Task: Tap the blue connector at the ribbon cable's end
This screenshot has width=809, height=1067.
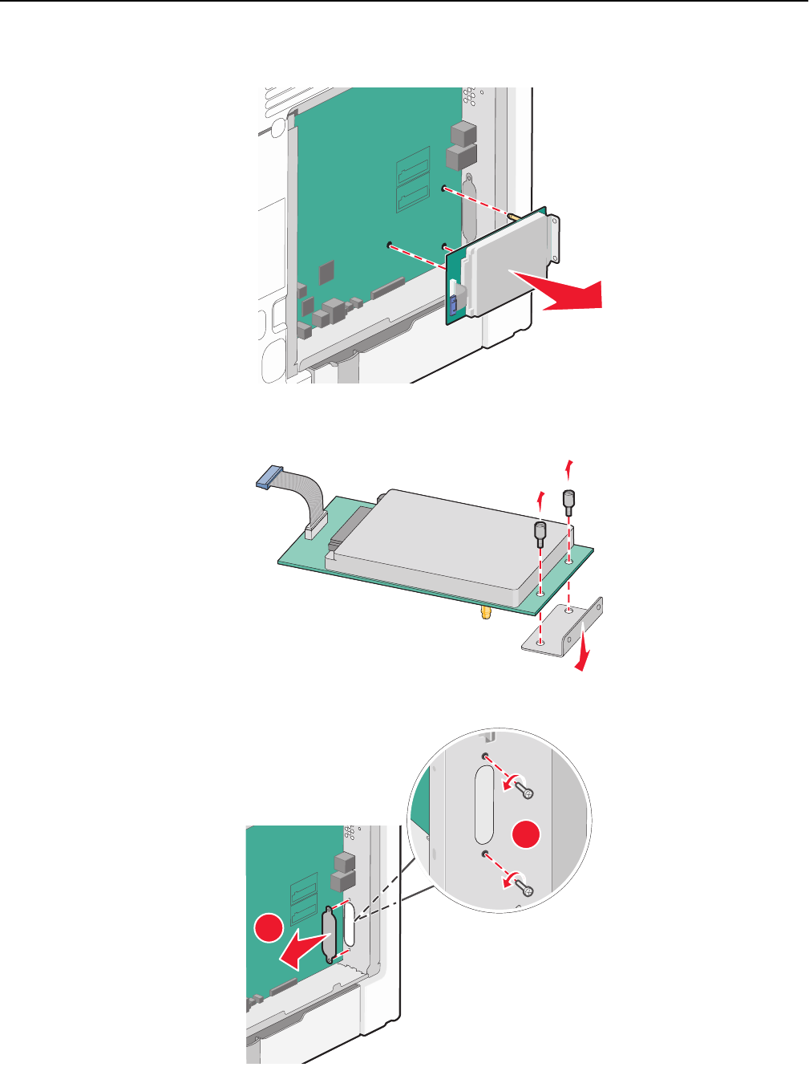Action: click(266, 479)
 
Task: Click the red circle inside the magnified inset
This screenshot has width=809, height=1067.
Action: click(527, 834)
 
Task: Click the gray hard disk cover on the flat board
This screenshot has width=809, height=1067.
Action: click(433, 538)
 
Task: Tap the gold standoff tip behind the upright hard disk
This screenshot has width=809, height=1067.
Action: click(511, 217)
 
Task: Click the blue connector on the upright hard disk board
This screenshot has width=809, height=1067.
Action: click(453, 304)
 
